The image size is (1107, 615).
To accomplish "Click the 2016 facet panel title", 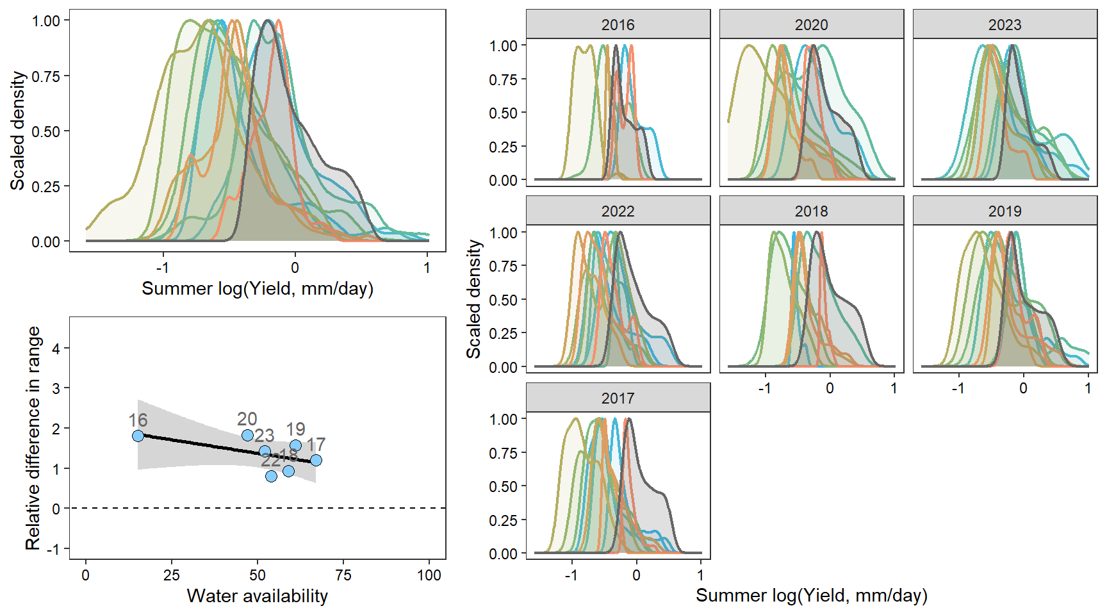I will (x=618, y=25).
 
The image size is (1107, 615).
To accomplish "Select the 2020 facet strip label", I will (x=811, y=25).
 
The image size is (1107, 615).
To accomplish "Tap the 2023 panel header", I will (x=1004, y=25).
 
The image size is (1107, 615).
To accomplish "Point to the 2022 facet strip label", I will (x=618, y=211).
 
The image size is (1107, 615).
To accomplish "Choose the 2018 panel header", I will (x=811, y=211).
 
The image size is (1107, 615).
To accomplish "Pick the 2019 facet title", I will (x=1004, y=211).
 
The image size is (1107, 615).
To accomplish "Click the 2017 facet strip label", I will (x=618, y=398).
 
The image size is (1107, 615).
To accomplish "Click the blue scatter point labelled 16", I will (x=138, y=436).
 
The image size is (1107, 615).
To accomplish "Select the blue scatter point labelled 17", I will (x=316, y=460).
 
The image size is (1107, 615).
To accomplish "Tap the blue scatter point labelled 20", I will (x=247, y=435).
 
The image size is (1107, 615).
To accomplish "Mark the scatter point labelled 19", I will (x=295, y=445).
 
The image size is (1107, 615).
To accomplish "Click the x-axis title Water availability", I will (x=257, y=596).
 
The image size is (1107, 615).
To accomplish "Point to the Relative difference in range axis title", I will (x=33, y=438).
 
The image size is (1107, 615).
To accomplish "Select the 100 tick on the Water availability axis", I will (x=429, y=575).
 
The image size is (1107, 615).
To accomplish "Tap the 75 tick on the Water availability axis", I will (x=343, y=575).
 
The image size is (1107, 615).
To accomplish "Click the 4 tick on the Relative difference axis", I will (x=56, y=348).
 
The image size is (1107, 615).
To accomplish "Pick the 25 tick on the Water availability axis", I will (x=172, y=575).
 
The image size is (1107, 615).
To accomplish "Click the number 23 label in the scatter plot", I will (x=264, y=436).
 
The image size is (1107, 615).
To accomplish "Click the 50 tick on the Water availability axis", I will (x=258, y=575).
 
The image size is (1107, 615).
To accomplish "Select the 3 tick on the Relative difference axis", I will (x=56, y=388).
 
